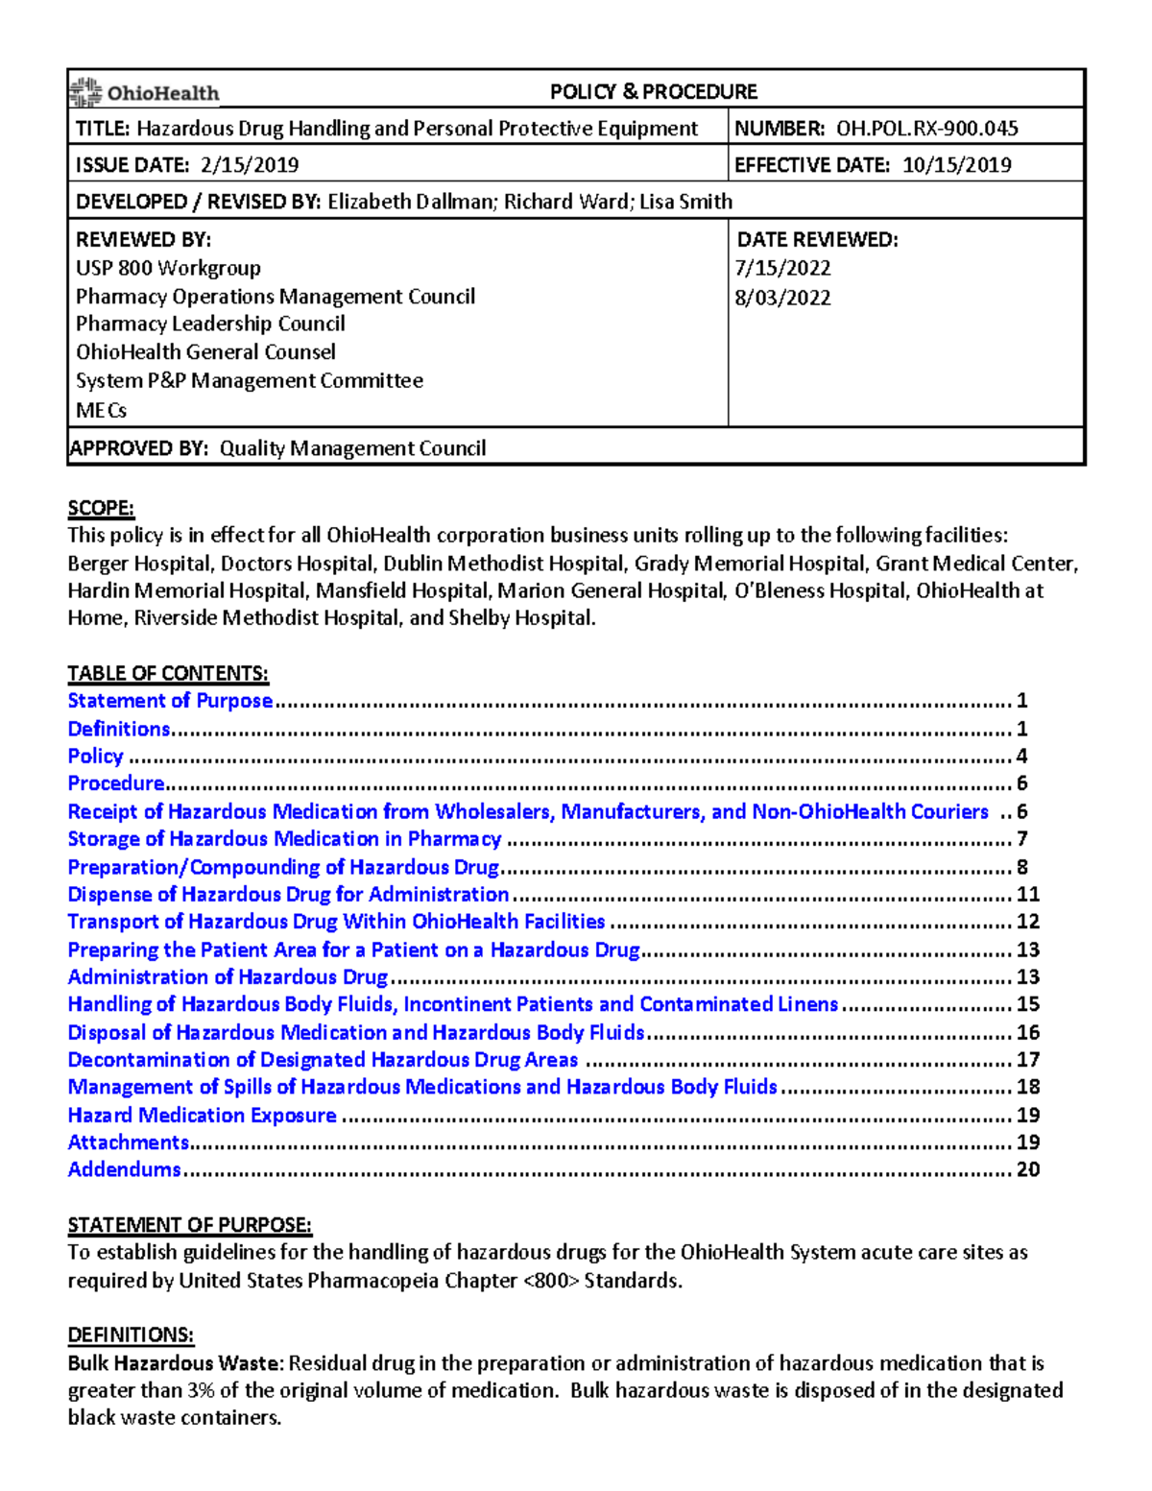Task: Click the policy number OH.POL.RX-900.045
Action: (x=926, y=129)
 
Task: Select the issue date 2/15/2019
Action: (x=250, y=165)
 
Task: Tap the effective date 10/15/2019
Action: (x=956, y=165)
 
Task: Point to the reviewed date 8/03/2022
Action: (x=782, y=298)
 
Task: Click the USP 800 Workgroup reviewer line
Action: (x=168, y=268)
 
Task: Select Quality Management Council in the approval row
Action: (x=352, y=448)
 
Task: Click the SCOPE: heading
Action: (x=101, y=508)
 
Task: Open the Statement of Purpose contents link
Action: (x=170, y=701)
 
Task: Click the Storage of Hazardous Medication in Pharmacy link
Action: (x=284, y=839)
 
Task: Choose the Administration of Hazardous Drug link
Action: (x=228, y=977)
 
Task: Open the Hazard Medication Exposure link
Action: (x=202, y=1116)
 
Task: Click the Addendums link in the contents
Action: (x=124, y=1170)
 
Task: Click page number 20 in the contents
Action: (x=1028, y=1170)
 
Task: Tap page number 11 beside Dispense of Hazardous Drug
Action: (x=1028, y=895)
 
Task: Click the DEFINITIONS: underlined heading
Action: (x=131, y=1335)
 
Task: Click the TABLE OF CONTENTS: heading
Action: (x=168, y=673)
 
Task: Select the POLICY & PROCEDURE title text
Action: (x=653, y=92)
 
